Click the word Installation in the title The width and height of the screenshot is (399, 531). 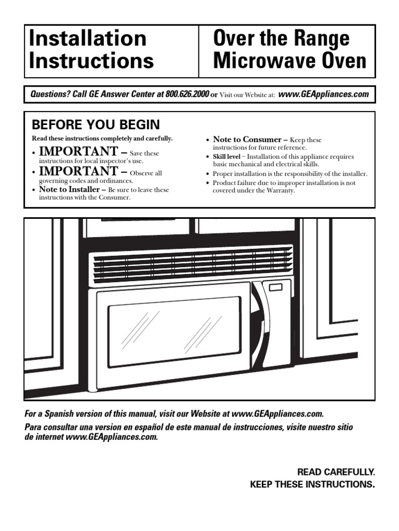[88, 39]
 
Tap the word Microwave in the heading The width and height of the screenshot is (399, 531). [266, 61]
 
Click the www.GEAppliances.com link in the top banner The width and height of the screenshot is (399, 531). [324, 94]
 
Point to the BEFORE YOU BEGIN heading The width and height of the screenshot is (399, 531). [96, 125]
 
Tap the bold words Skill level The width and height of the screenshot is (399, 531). [226, 156]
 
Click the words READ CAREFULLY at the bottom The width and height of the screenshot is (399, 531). [336, 472]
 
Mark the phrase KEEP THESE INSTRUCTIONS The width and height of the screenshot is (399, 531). [312, 485]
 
